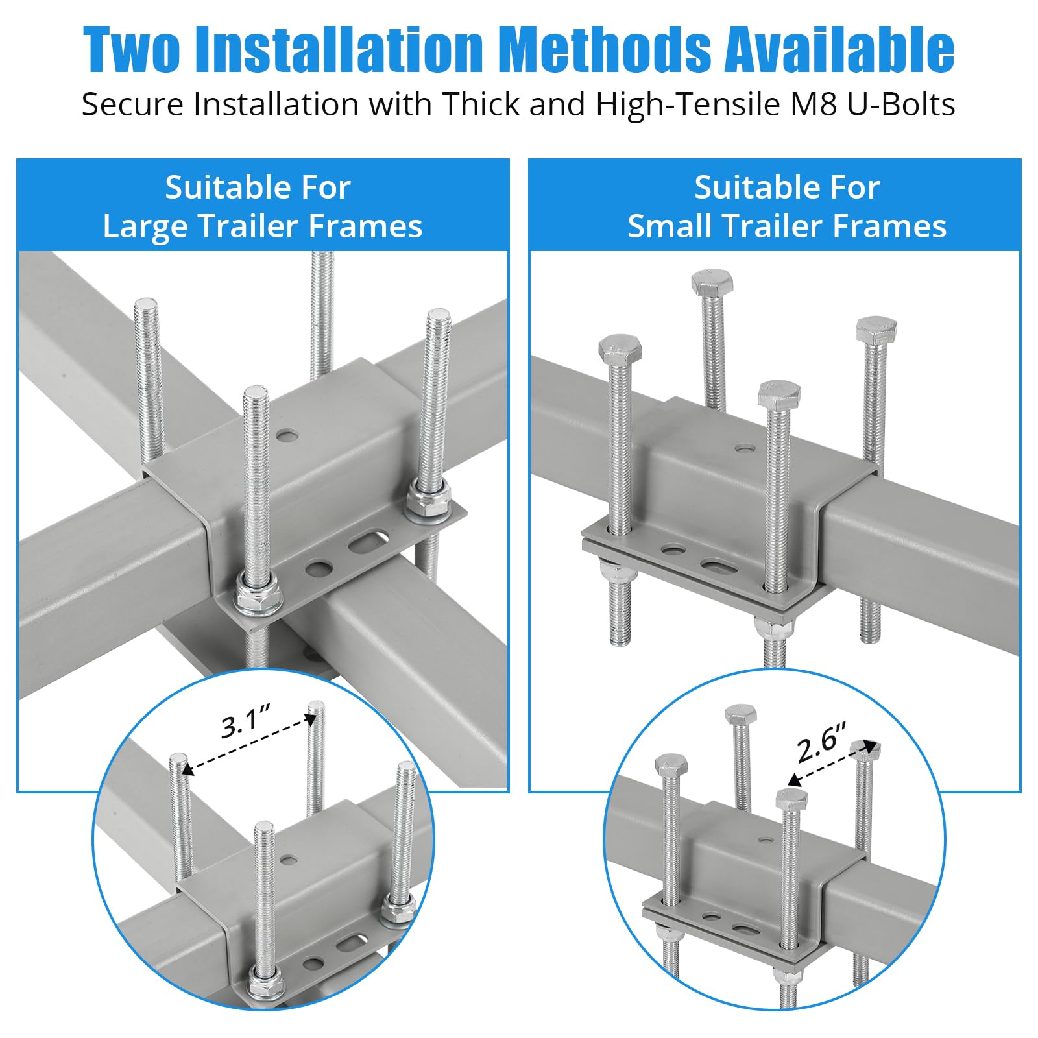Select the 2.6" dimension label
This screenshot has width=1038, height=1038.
point(822,744)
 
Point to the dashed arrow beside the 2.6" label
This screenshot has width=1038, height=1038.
point(832,764)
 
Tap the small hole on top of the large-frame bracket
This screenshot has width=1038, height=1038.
point(286,434)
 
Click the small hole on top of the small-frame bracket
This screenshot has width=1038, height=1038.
point(745,448)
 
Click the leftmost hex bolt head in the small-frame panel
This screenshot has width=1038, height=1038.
point(620,350)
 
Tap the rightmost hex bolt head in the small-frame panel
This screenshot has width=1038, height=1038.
point(876,330)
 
